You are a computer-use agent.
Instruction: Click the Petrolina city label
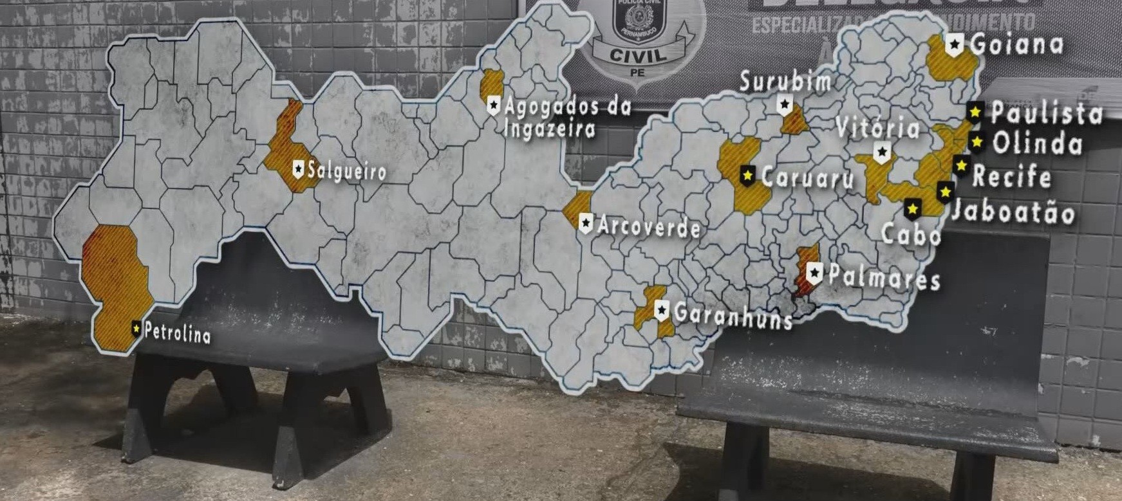click(177, 333)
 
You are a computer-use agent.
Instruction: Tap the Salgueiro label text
click(347, 171)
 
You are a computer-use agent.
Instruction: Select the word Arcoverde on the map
click(648, 227)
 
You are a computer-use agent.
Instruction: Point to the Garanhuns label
click(733, 315)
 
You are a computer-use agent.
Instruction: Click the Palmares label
click(884, 277)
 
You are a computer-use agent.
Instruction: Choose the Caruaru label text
click(807, 178)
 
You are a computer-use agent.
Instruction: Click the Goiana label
click(1016, 44)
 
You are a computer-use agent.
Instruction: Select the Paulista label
click(1047, 114)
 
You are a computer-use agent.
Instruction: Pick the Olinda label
click(1036, 143)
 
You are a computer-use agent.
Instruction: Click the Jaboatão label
click(1013, 211)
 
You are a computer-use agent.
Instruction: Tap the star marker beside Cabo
click(912, 208)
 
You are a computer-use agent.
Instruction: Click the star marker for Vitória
click(882, 152)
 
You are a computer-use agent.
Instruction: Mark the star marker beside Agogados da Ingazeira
click(494, 104)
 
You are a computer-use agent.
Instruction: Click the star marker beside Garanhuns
click(661, 310)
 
